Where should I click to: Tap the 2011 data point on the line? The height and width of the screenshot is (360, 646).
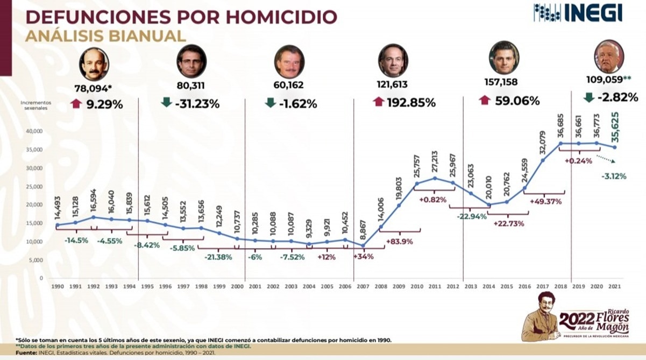pos(435,178)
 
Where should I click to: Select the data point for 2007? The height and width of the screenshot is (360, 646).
pos(363,245)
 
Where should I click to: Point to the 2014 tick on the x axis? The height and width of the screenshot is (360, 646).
pos(488,286)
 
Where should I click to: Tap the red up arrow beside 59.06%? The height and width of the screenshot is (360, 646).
pos(484,100)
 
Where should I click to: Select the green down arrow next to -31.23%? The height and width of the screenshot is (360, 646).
pos(167,102)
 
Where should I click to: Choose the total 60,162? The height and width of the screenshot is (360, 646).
pos(289,85)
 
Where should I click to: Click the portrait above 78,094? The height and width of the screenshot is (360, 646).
pos(94,64)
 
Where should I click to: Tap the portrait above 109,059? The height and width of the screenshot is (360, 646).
pos(609,57)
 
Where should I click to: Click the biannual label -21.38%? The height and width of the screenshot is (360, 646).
pos(218,257)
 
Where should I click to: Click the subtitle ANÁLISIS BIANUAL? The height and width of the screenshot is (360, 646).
pos(105,36)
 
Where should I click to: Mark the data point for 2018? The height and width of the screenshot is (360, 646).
pos(560,143)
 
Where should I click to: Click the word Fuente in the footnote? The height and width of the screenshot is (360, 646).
pos(27,352)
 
